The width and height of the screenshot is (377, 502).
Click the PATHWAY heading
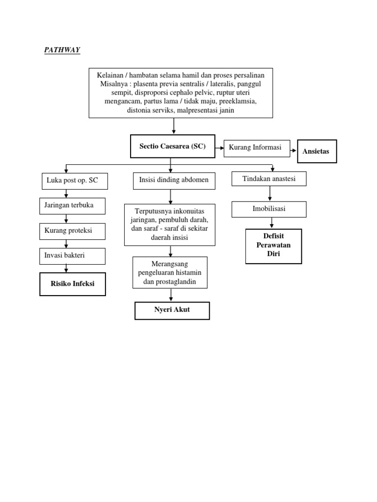click(62, 50)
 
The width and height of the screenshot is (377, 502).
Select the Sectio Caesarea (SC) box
click(172, 147)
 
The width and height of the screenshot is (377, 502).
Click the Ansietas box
click(317, 151)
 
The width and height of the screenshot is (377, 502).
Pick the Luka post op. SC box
click(74, 181)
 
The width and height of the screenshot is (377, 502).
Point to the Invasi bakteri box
click(73, 256)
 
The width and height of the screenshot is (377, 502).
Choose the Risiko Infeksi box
click(73, 284)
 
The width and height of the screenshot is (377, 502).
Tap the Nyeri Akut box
click(172, 310)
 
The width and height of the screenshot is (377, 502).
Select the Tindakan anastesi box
click(269, 178)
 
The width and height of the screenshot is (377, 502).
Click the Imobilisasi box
click(269, 209)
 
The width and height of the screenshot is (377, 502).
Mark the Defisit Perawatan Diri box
click(273, 246)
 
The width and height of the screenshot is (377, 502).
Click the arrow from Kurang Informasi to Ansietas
click(292, 149)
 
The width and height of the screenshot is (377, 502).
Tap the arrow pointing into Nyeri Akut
click(171, 295)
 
